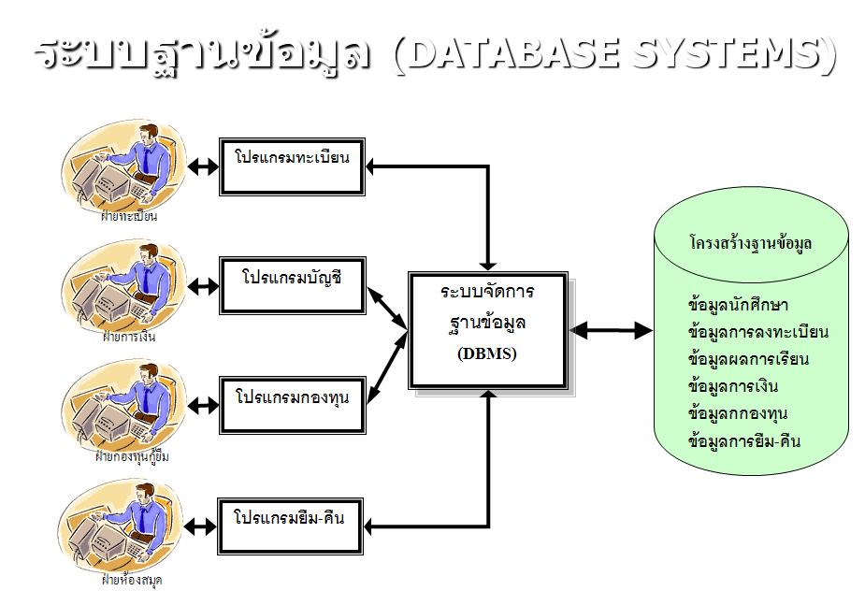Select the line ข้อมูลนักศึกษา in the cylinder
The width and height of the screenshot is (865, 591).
click(x=738, y=306)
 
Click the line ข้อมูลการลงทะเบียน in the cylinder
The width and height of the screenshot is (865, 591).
click(x=757, y=332)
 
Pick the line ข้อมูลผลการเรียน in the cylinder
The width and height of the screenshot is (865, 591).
click(x=747, y=359)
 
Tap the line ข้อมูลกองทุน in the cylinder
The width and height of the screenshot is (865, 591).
click(x=738, y=413)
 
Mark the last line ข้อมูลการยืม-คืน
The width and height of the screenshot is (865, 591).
click(x=743, y=440)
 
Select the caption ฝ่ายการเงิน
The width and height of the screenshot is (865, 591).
click(x=129, y=338)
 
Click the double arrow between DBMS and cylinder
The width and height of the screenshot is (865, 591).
click(x=611, y=330)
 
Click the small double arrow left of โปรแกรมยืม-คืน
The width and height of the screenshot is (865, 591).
click(x=202, y=526)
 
